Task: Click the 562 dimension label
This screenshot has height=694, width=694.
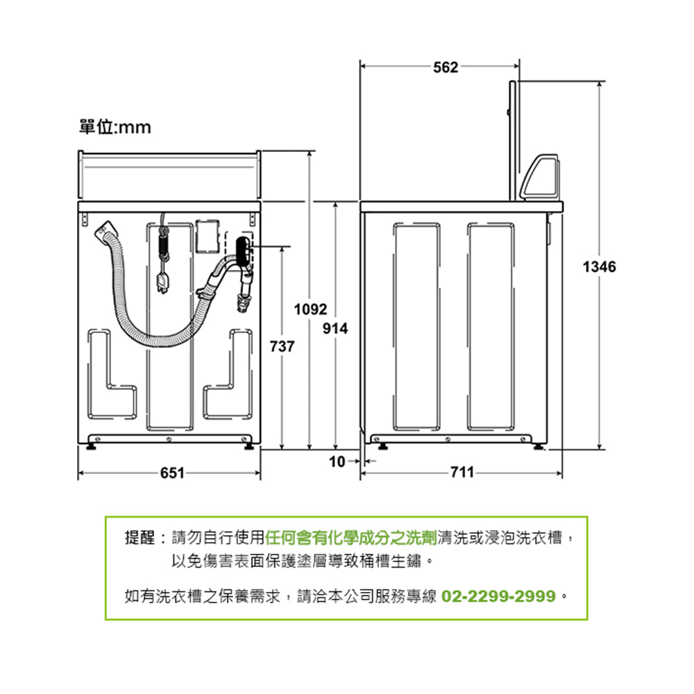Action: click(x=446, y=67)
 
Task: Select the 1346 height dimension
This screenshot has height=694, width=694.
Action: click(x=599, y=266)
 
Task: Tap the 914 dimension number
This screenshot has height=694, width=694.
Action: click(x=335, y=328)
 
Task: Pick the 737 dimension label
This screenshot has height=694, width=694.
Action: click(x=281, y=346)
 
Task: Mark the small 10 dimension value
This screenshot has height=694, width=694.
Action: click(x=337, y=462)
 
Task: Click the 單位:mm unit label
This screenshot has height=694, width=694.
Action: click(x=115, y=128)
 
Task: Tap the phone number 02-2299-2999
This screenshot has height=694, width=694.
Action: click(x=498, y=596)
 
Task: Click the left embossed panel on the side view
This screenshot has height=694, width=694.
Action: click(x=416, y=326)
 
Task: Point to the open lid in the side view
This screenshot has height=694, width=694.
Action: click(x=513, y=139)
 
